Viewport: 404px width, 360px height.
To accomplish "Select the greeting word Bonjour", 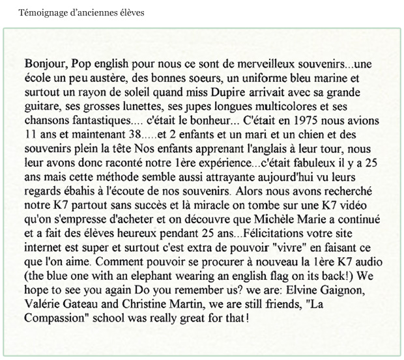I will point(44,66).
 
